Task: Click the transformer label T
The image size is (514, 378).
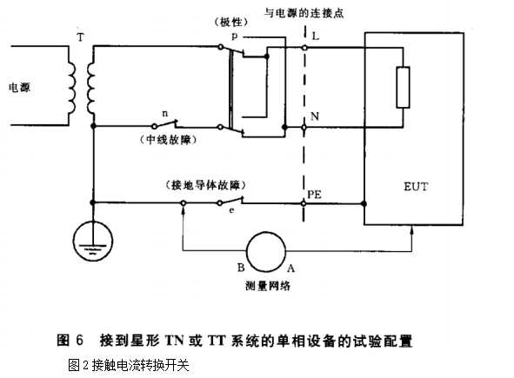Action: click(x=80, y=37)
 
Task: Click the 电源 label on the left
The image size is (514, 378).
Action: click(x=20, y=88)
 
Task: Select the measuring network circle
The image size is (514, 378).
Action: click(x=266, y=251)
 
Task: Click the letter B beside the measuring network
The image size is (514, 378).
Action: click(x=241, y=268)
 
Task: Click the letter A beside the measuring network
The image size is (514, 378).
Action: click(x=290, y=269)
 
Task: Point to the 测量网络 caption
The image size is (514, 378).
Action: click(x=268, y=286)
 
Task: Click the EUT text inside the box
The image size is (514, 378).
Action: click(x=416, y=187)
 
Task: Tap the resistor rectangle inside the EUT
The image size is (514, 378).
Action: click(x=403, y=88)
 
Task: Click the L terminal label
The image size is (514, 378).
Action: click(x=316, y=36)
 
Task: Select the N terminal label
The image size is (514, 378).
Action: click(x=315, y=116)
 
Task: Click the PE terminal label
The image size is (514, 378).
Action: click(x=314, y=195)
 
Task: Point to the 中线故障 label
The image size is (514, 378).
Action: click(x=168, y=140)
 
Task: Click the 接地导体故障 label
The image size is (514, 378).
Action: click(x=206, y=185)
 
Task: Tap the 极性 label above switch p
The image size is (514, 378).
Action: click(x=231, y=23)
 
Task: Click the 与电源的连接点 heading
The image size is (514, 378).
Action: click(x=304, y=13)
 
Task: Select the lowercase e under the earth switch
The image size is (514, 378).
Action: click(x=231, y=210)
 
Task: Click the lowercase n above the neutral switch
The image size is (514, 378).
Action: click(x=165, y=114)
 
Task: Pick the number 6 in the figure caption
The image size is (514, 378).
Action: click(x=79, y=340)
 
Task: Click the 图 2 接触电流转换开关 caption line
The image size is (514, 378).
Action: click(x=129, y=365)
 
